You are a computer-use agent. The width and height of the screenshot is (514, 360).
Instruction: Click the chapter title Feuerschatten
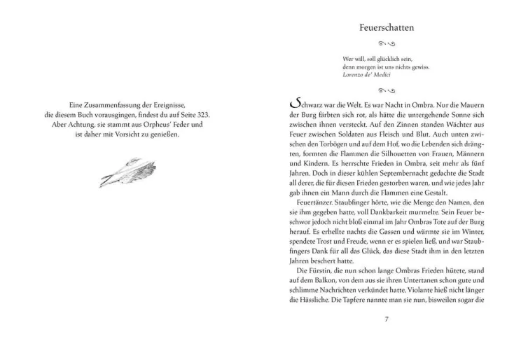pos(386,28)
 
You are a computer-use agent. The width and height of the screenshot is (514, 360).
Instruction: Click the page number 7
pos(387,319)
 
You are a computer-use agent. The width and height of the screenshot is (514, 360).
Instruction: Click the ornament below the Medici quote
pos(386,90)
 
